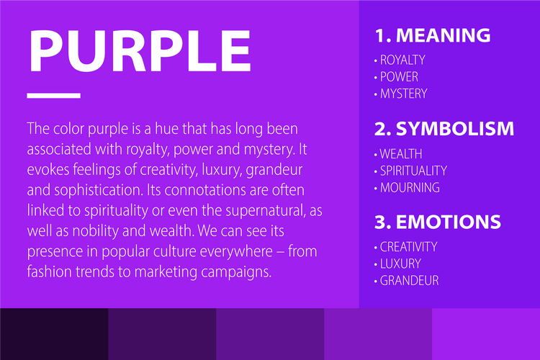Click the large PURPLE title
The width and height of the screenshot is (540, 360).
139,50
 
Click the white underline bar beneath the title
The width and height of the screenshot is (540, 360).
53,95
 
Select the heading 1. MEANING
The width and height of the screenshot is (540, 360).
432,35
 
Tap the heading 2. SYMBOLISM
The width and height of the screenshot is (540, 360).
444,129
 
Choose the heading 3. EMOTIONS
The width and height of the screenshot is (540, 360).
436,221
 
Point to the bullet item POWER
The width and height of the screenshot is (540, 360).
399,76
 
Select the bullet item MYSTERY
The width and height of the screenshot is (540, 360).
403,94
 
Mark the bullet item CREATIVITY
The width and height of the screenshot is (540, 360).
408,247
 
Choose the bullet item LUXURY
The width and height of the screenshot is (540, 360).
400,264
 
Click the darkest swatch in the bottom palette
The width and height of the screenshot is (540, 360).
54,334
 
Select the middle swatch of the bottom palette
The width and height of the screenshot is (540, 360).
270,334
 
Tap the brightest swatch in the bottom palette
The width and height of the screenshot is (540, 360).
486,334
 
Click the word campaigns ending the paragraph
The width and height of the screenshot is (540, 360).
235,273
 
